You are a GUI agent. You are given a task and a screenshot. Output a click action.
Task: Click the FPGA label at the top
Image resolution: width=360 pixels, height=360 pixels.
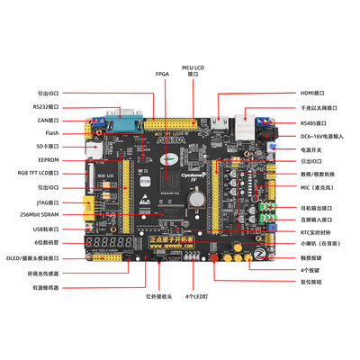pos(162,74)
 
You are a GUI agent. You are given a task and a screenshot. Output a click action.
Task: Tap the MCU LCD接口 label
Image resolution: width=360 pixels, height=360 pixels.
pos(192,70)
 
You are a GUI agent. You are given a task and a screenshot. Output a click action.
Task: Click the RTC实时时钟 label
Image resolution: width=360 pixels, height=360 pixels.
pos(317,231)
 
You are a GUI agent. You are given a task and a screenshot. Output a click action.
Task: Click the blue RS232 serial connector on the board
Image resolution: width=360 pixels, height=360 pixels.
pos(127,116)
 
